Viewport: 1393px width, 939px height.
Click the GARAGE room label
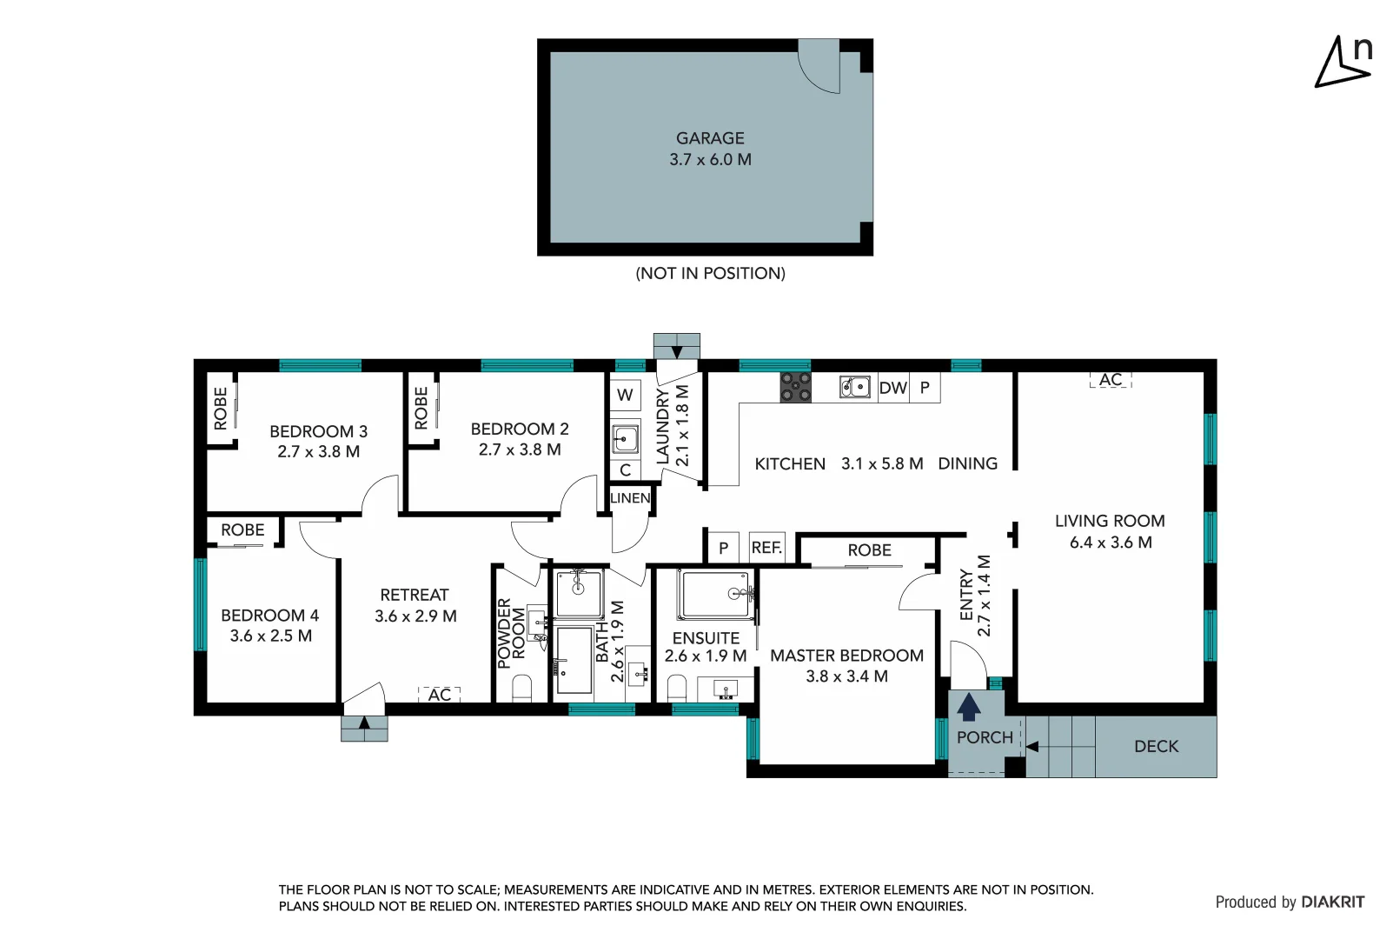click(x=710, y=138)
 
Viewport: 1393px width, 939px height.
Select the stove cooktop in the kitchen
click(x=795, y=387)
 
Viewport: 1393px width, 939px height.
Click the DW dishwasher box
click(x=892, y=388)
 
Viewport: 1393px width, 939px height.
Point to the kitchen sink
click(x=854, y=387)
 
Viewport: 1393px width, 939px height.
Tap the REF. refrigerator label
click(x=766, y=548)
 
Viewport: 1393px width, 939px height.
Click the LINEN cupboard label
click(x=630, y=498)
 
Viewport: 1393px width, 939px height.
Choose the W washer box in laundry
click(x=625, y=396)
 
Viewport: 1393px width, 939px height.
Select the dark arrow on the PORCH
click(x=969, y=707)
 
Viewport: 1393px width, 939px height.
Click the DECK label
click(x=1156, y=746)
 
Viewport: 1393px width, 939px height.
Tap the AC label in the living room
click(x=1111, y=380)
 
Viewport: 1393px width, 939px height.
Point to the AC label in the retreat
click(x=440, y=695)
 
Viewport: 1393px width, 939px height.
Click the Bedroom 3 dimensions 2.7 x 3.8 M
click(x=318, y=452)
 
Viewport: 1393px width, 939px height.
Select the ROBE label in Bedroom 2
click(x=421, y=408)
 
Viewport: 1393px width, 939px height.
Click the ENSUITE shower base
click(x=716, y=594)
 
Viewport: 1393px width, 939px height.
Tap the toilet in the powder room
click(x=521, y=689)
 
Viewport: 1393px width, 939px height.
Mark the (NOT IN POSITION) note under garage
click(x=710, y=273)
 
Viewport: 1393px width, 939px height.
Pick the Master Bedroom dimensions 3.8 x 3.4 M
click(x=846, y=676)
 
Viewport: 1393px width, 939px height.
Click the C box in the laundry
click(x=625, y=470)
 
